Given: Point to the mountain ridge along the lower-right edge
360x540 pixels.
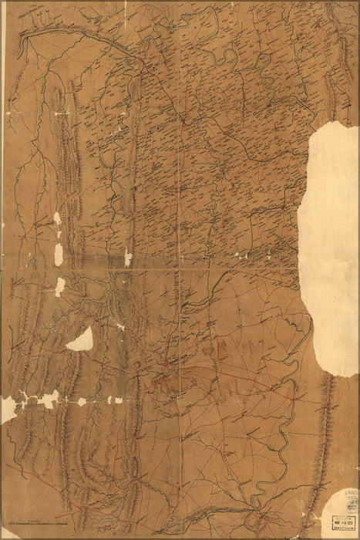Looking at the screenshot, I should pyautogui.click(x=324, y=432).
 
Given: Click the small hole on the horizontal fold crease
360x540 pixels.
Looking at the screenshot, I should pyautogui.click(x=128, y=258).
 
